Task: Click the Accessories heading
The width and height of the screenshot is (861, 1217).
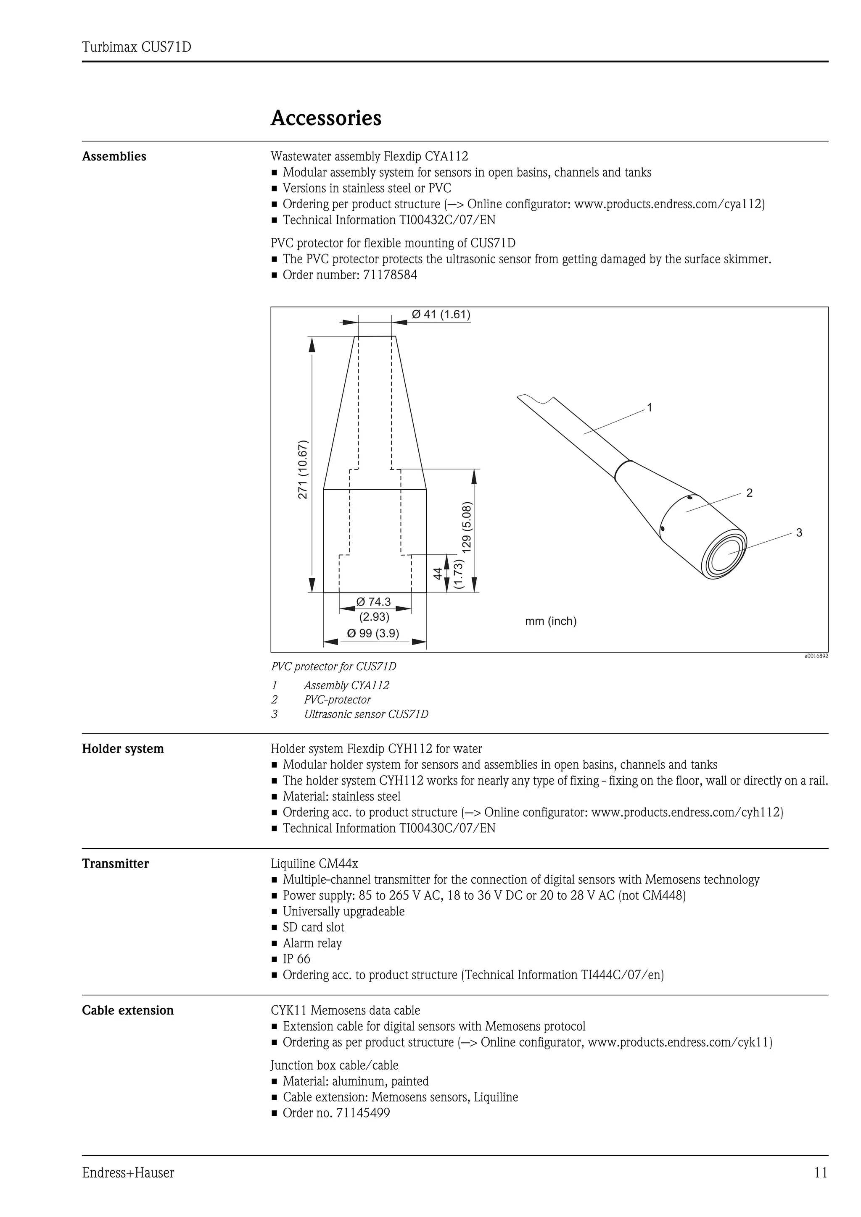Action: click(326, 118)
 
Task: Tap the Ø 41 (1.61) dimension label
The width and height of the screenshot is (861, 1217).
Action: click(441, 314)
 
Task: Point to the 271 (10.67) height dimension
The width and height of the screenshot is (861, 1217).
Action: click(302, 469)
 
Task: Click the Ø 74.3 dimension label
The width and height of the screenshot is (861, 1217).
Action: click(373, 602)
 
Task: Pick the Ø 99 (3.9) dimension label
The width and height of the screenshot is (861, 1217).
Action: click(373, 633)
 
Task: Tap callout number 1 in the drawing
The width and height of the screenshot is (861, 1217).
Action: click(650, 408)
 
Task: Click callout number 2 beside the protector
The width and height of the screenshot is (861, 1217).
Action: click(749, 493)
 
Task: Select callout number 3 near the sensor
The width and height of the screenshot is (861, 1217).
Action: click(799, 533)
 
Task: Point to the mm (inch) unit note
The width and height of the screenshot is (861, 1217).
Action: click(551, 621)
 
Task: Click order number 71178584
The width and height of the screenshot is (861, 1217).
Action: click(390, 275)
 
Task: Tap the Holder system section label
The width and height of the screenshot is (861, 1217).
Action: click(123, 749)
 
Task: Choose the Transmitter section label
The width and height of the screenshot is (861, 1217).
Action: click(116, 863)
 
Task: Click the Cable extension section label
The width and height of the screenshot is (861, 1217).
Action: click(128, 1010)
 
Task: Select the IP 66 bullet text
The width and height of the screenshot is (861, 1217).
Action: click(296, 959)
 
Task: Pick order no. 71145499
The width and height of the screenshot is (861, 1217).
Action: click(363, 1112)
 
